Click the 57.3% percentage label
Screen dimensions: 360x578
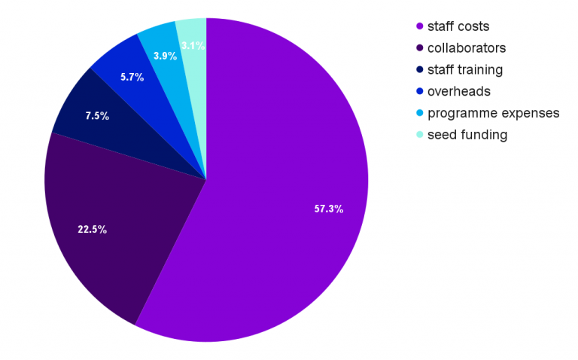(x=329, y=209)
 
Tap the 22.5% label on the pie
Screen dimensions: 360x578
(x=93, y=229)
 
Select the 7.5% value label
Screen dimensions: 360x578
(x=97, y=116)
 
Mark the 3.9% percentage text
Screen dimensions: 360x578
(x=166, y=56)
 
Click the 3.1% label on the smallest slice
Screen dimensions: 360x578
(x=193, y=45)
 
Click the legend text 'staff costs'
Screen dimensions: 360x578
(x=458, y=26)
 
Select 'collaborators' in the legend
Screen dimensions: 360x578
(x=466, y=48)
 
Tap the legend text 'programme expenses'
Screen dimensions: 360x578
(x=493, y=113)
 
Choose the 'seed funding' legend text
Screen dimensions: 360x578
(x=467, y=135)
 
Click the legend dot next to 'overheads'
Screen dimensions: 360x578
(x=419, y=91)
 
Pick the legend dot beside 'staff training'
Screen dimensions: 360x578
(x=419, y=70)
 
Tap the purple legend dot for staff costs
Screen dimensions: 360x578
(x=419, y=26)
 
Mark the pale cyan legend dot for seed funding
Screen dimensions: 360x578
(x=419, y=135)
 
